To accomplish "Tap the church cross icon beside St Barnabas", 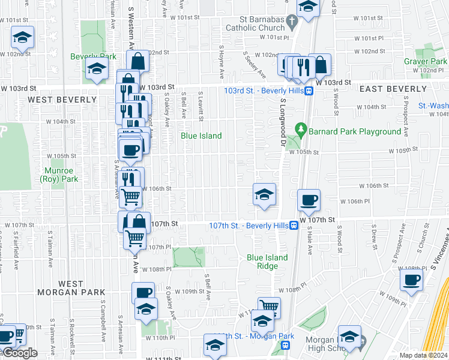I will click(x=292, y=22).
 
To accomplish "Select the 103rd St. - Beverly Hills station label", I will click(x=262, y=91).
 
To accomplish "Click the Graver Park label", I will click(x=425, y=62).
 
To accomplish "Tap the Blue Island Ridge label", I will click(x=267, y=262).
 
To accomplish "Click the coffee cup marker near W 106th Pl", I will click(x=309, y=200).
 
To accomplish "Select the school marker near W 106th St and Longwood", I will click(x=264, y=194).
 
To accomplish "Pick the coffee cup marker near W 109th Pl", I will click(x=412, y=280).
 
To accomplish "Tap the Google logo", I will click(x=20, y=353).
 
